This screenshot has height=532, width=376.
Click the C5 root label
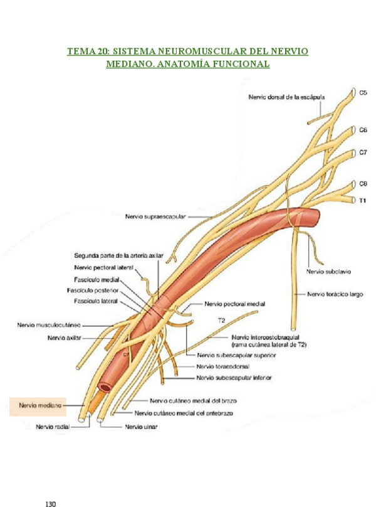click(x=363, y=93)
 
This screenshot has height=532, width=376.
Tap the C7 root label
click(x=363, y=152)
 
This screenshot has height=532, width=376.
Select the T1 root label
click(x=362, y=201)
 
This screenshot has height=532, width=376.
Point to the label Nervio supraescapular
click(x=155, y=217)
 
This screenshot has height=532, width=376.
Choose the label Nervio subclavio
click(x=328, y=272)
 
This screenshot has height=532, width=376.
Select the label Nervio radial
click(x=53, y=427)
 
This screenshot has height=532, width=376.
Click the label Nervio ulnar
click(x=141, y=427)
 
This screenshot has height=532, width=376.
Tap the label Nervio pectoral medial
click(x=234, y=304)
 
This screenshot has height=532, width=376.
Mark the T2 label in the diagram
click(x=221, y=320)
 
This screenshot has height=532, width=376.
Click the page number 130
click(x=51, y=504)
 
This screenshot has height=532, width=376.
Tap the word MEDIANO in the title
click(x=132, y=64)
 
